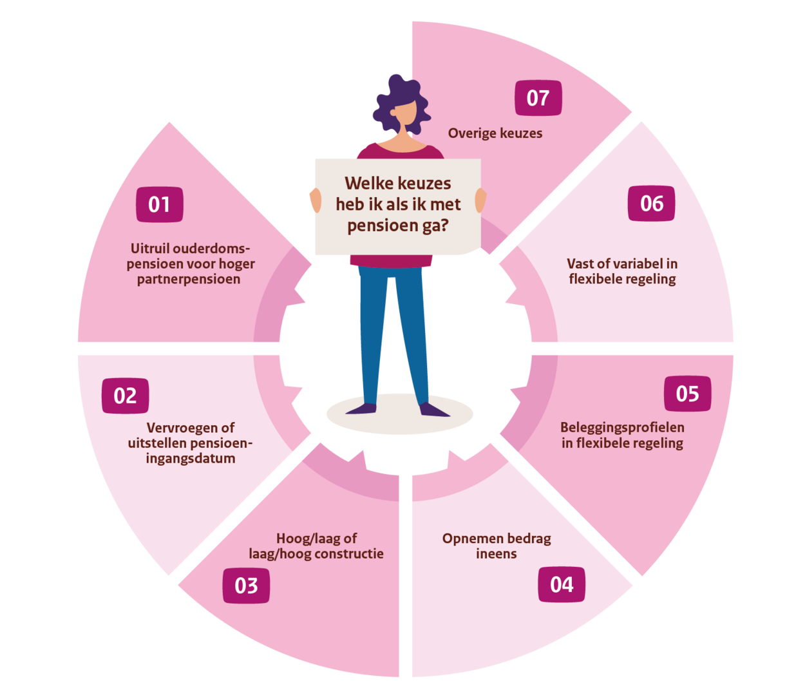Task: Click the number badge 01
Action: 159,204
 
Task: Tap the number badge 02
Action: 125,396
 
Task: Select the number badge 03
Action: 246,586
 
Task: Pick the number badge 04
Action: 562,584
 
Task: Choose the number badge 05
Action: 687,394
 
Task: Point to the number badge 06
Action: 652,204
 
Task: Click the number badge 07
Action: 538,98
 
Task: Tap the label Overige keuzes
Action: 495,133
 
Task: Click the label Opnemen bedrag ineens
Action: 497,546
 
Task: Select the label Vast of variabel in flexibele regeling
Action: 622,271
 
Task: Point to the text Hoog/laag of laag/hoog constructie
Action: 316,546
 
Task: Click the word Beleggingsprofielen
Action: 622,428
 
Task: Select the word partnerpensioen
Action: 189,280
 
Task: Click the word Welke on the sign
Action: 365,183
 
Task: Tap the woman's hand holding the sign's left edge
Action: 316,200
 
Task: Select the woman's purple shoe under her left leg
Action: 361,408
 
